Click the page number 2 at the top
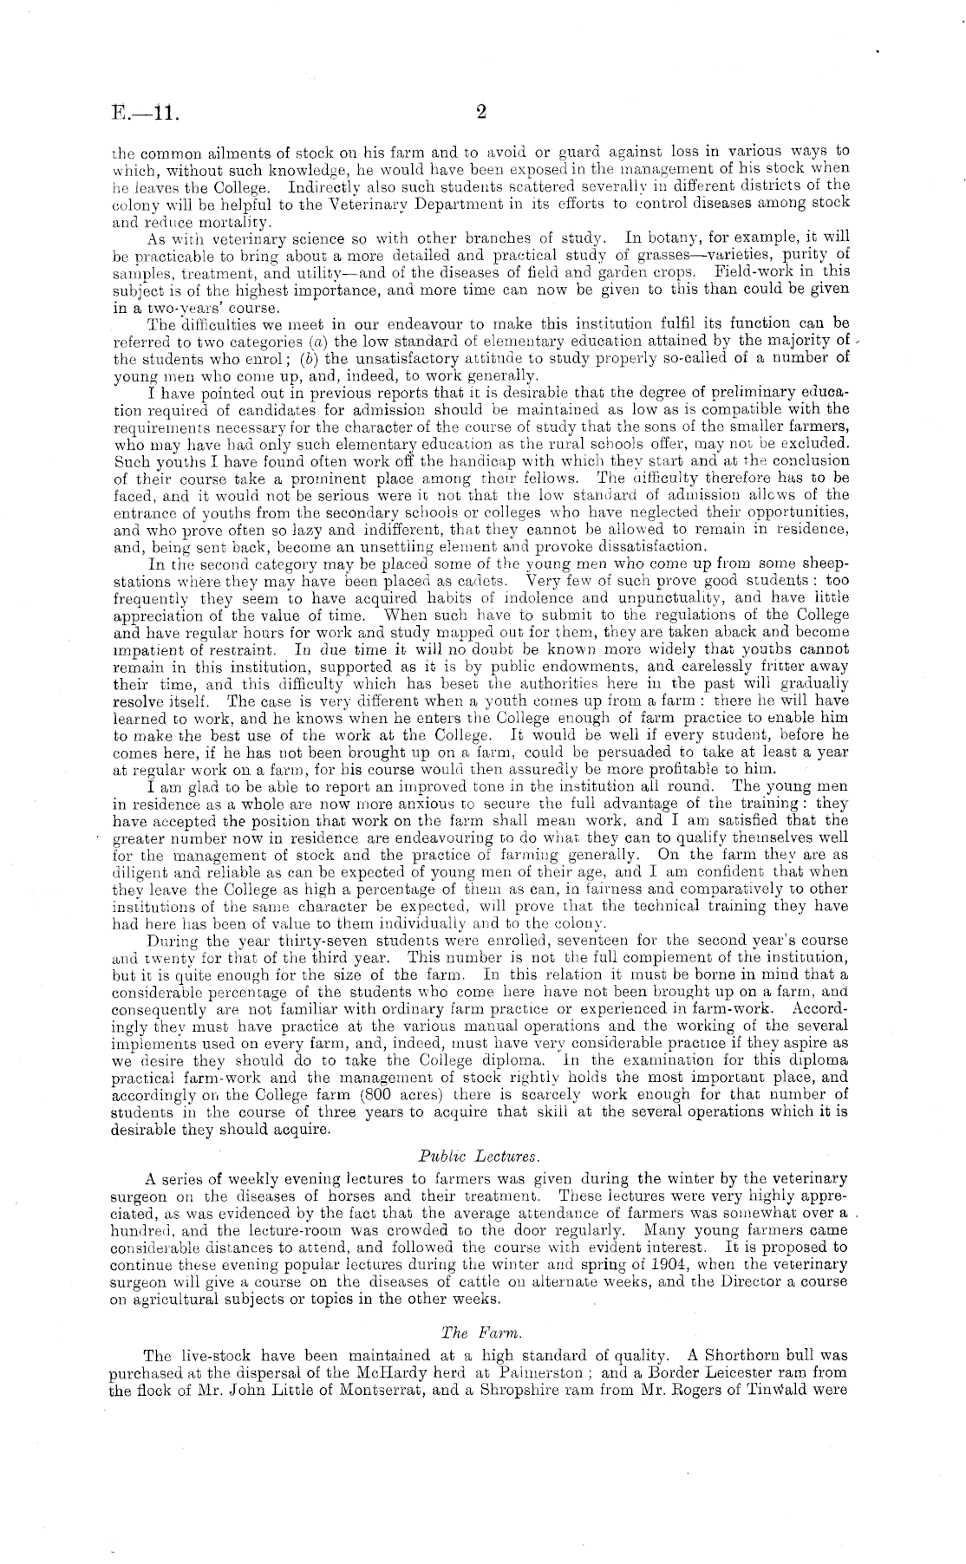[483, 111]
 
